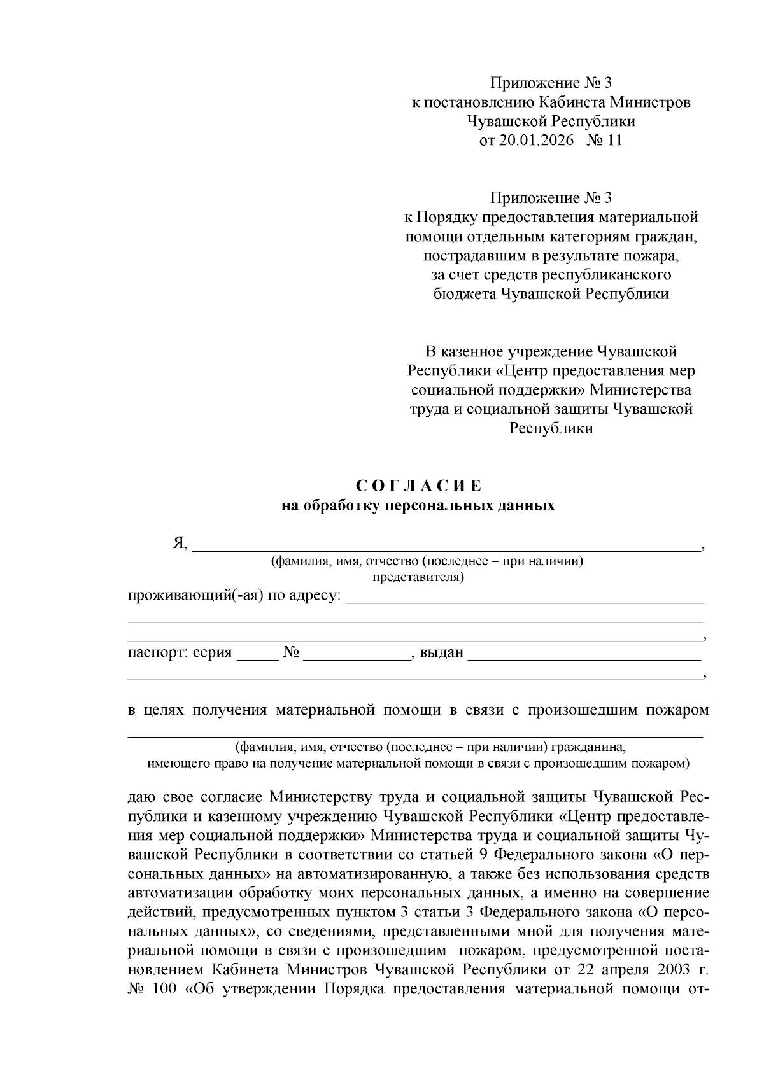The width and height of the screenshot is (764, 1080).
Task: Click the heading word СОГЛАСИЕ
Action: (419, 486)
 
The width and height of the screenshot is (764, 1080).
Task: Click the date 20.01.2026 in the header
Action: (536, 141)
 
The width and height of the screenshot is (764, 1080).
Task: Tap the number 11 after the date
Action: (614, 141)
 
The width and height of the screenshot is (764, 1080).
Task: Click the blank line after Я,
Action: (446, 545)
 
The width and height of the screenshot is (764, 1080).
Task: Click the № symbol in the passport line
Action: (291, 653)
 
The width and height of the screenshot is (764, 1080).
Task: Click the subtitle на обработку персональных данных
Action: (418, 506)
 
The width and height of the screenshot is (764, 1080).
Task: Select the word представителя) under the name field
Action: (418, 577)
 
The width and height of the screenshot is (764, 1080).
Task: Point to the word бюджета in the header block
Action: (464, 294)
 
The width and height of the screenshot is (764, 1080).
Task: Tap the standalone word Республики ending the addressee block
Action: (551, 428)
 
